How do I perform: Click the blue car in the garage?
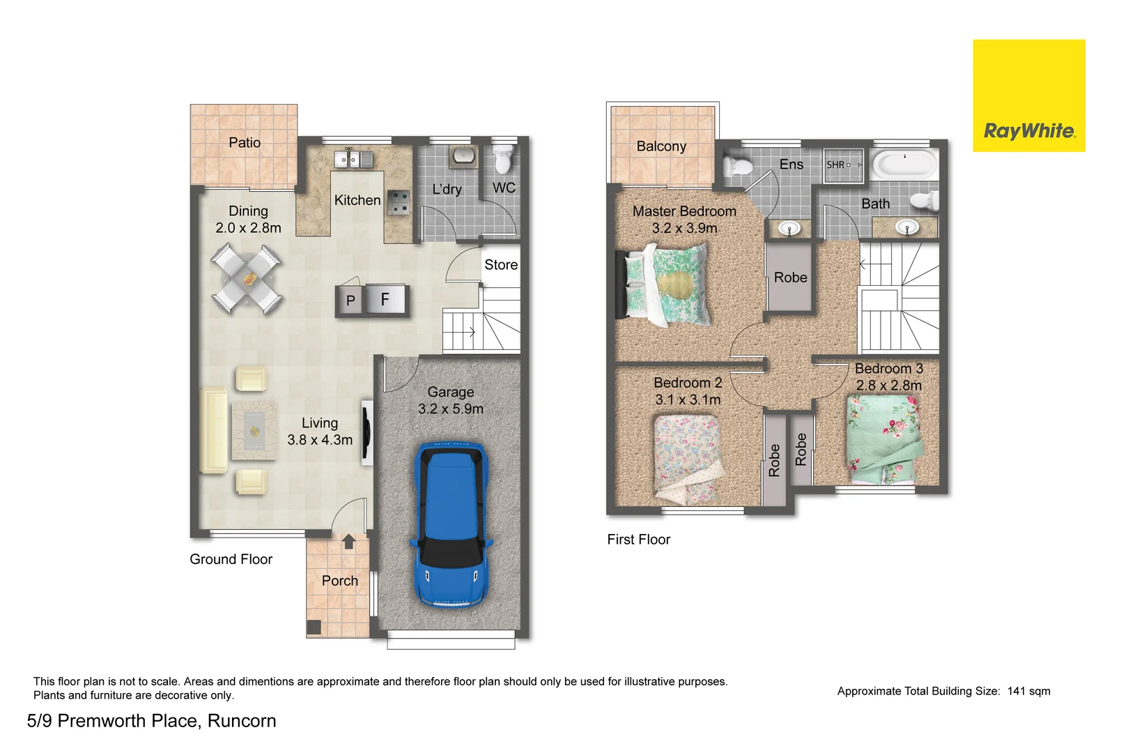[x=451, y=524]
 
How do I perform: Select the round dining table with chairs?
[x=247, y=279]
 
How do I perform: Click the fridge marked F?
[x=385, y=301]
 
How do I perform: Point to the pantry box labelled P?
[x=350, y=301]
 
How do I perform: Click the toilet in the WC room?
[x=503, y=160]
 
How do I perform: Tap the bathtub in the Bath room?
[x=904, y=165]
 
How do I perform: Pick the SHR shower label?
[x=835, y=165]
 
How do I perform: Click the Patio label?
[x=245, y=143]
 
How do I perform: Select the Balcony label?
[x=661, y=146]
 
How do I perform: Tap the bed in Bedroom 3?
[x=883, y=438]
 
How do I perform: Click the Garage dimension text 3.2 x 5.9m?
[x=451, y=409]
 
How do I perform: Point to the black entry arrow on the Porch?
[x=349, y=542]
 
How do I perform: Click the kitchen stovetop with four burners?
[x=399, y=203]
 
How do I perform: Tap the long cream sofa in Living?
[x=213, y=431]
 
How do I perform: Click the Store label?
[x=501, y=265]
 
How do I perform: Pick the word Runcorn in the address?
[x=242, y=721]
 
